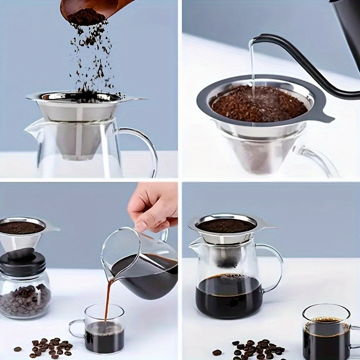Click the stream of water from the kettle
[252, 67]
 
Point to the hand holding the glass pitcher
[153, 207]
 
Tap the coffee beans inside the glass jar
[25, 299]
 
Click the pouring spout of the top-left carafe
[31, 128]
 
